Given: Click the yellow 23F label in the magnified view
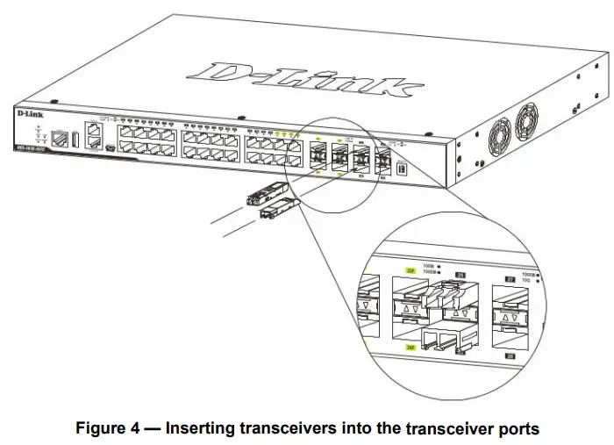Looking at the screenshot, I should tap(410, 272).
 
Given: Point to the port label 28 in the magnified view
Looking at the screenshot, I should tap(510, 356).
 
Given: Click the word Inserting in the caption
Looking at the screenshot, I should tap(200, 428).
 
